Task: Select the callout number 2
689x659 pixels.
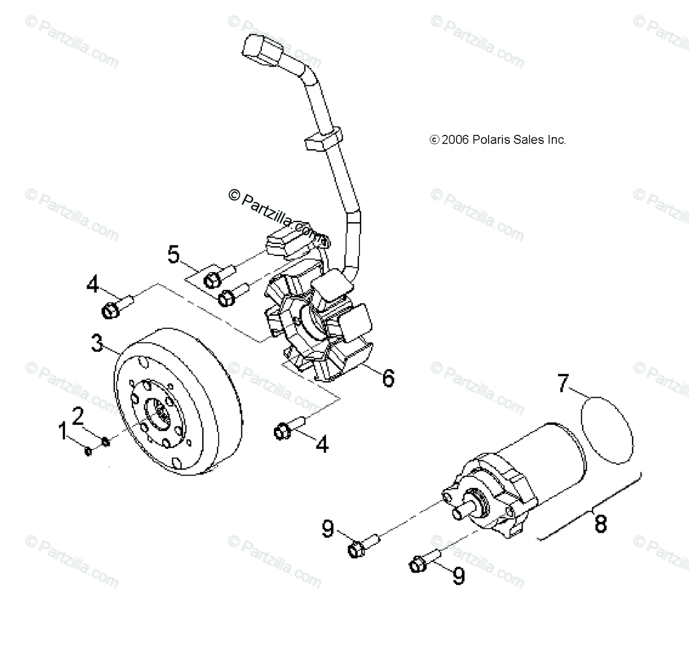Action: pyautogui.click(x=78, y=414)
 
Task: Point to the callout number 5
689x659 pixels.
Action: pyautogui.click(x=174, y=254)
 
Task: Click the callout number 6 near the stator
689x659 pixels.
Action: pyautogui.click(x=388, y=378)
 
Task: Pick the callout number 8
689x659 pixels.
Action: pyautogui.click(x=601, y=524)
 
